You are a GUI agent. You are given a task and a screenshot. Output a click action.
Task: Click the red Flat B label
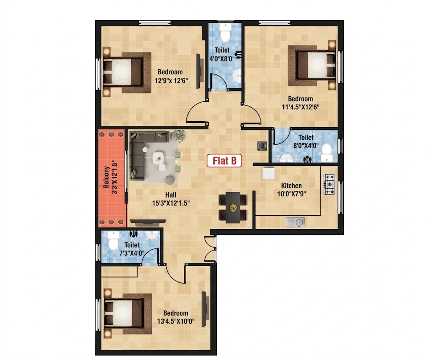pyautogui.click(x=224, y=161)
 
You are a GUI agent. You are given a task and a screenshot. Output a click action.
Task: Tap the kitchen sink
pyautogui.click(x=295, y=222)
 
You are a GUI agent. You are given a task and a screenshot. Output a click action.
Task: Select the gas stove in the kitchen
pyautogui.click(x=329, y=184)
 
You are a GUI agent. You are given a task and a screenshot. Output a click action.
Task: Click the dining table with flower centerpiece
pyautogui.click(x=233, y=207)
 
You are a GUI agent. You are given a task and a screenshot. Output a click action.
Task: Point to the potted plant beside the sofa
pyautogui.click(x=179, y=136)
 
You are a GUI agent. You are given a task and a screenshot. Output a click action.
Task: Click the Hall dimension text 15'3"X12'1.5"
pyautogui.click(x=171, y=204)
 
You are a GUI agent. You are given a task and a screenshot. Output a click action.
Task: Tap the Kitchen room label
pyautogui.click(x=291, y=185)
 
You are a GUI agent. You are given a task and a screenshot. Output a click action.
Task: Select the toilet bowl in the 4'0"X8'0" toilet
pyautogui.click(x=225, y=32)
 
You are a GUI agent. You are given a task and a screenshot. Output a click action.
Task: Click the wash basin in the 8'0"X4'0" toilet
pyautogui.click(x=287, y=158)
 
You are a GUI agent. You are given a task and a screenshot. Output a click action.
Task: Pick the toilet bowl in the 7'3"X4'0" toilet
pyautogui.click(x=113, y=240)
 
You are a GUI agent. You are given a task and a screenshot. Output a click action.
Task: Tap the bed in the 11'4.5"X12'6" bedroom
pyautogui.click(x=312, y=66)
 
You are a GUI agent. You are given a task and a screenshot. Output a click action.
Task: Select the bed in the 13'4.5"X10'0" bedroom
pyautogui.click(x=128, y=314)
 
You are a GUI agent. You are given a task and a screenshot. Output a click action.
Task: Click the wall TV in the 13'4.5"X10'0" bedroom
pyautogui.click(x=205, y=309)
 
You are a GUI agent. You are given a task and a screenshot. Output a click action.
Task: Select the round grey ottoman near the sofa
pyautogui.click(x=170, y=180)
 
